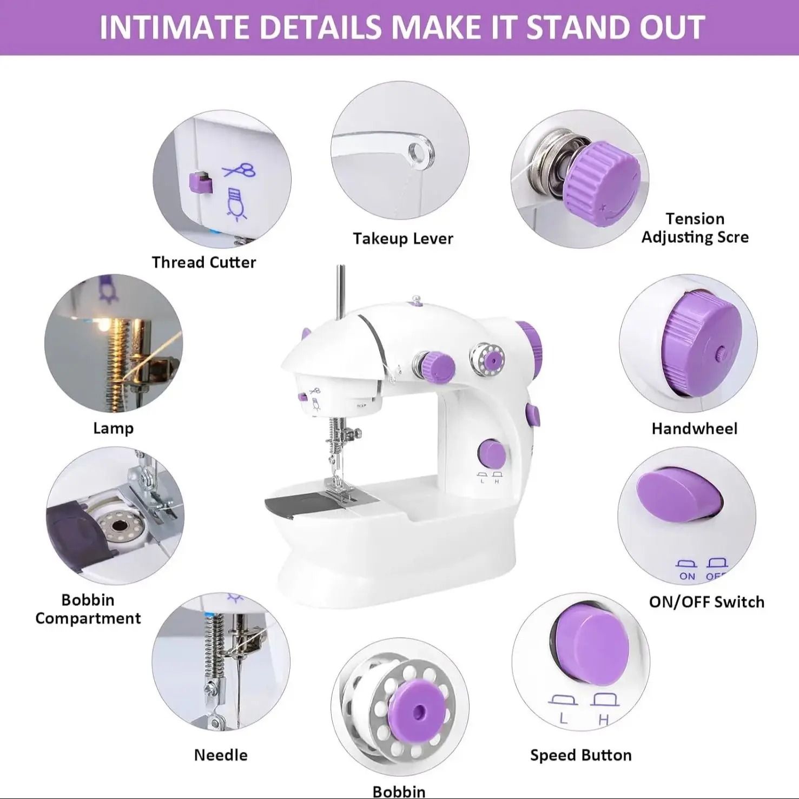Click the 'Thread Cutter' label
[x=203, y=262]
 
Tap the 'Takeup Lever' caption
[x=403, y=239]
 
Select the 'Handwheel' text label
[x=694, y=428]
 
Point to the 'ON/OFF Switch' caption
[x=706, y=602]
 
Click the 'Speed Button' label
[x=580, y=755]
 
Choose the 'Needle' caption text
[x=221, y=755]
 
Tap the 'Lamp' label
[x=113, y=428]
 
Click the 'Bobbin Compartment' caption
[x=88, y=609]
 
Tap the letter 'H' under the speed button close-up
[x=604, y=720]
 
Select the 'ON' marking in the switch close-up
[x=687, y=576]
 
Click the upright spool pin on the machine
[x=340, y=292]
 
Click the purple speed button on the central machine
[x=491, y=453]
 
